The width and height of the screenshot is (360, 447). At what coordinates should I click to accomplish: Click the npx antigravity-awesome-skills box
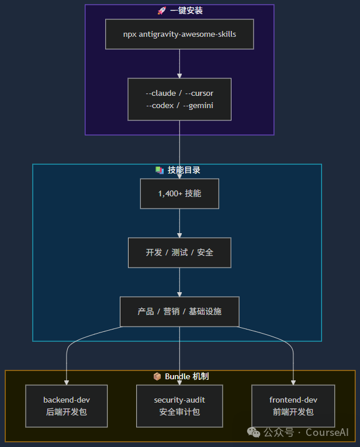point(179,34)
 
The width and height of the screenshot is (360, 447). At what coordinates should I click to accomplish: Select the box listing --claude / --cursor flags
point(179,99)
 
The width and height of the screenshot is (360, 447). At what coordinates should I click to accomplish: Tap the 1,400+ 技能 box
point(179,193)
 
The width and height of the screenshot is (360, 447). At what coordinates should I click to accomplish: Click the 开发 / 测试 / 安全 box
point(179,252)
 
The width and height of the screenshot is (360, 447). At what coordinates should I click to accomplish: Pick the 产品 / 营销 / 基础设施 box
point(179,311)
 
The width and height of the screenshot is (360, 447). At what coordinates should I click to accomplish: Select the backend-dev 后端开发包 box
point(67,406)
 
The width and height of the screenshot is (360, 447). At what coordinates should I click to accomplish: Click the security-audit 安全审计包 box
point(179,406)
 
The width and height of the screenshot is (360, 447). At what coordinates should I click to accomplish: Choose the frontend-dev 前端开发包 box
point(293,406)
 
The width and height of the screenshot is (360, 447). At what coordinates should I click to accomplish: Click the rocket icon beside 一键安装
point(162,11)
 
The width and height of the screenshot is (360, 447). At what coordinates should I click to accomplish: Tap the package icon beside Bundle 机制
point(157,376)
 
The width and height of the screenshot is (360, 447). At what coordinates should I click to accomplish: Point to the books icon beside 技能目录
point(159,170)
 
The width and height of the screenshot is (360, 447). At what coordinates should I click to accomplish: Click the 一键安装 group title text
point(186,11)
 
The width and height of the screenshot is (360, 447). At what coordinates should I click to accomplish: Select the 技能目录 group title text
point(184,170)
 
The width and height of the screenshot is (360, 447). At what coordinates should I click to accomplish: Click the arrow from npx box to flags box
point(179,63)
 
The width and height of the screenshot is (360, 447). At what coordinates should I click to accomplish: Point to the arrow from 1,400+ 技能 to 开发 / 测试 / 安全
point(179,223)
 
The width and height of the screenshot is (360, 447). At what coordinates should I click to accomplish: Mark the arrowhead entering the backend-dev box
point(67,382)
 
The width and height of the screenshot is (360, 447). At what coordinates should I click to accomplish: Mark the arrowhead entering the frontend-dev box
point(293,382)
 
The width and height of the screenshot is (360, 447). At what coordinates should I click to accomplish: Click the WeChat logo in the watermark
point(254,432)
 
